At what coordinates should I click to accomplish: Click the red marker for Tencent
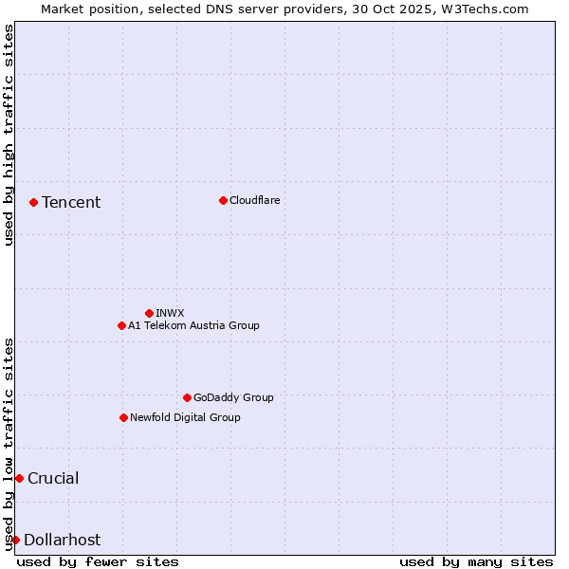(x=33, y=202)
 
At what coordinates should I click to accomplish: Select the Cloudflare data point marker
(x=223, y=200)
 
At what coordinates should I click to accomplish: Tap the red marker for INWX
(x=149, y=313)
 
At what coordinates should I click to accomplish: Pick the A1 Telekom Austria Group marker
(x=121, y=325)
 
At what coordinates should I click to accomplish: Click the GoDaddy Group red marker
(x=187, y=397)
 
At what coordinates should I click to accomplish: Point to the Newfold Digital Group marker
(x=123, y=417)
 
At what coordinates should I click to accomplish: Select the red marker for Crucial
(x=19, y=478)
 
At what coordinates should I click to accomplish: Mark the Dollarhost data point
(x=15, y=540)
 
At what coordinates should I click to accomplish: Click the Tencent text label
(x=71, y=202)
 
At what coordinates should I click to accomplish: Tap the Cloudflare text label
(x=254, y=200)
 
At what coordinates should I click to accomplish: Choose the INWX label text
(x=170, y=313)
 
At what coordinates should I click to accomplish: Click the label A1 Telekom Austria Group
(x=193, y=325)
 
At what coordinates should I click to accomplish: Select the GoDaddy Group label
(x=233, y=397)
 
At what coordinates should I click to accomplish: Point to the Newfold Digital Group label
(x=185, y=417)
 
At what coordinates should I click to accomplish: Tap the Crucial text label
(x=53, y=478)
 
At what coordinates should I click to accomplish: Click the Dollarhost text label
(x=62, y=540)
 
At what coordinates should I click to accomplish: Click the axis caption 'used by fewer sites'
(x=98, y=561)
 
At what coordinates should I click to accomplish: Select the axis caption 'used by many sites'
(x=476, y=561)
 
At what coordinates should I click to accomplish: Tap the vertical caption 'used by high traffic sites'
(x=9, y=135)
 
